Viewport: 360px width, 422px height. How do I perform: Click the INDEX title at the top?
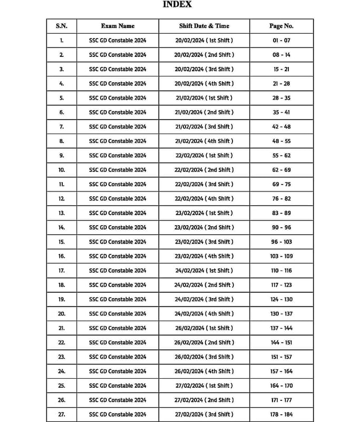[x=177, y=5]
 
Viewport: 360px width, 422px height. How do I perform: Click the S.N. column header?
[x=61, y=26]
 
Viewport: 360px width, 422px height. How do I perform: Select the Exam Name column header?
[x=118, y=26]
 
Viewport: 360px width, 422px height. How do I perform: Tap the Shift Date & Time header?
[x=204, y=26]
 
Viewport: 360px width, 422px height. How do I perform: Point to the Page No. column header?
[x=281, y=26]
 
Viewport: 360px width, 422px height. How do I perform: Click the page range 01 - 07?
[x=281, y=40]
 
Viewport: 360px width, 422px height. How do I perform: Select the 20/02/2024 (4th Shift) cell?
[x=204, y=83]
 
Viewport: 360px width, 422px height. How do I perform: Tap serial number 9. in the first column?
[x=61, y=156]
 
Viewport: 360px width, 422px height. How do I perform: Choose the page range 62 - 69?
[x=281, y=170]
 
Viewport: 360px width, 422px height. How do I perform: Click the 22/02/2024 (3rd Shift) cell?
[x=204, y=184]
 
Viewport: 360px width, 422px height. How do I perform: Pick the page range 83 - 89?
[x=281, y=213]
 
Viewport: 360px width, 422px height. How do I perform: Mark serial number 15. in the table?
[x=61, y=242]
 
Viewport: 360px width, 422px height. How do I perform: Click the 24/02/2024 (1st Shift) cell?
[x=204, y=271]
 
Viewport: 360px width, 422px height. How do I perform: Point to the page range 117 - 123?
[x=281, y=285]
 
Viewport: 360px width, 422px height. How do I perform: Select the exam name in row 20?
[x=118, y=314]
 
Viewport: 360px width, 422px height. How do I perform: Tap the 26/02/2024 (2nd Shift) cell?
[x=204, y=342]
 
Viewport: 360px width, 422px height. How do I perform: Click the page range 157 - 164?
[x=281, y=371]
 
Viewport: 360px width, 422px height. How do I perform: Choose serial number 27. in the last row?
[x=61, y=415]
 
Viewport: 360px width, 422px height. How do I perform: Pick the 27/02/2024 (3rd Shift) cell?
[x=204, y=415]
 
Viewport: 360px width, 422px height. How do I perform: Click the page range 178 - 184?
[x=281, y=415]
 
